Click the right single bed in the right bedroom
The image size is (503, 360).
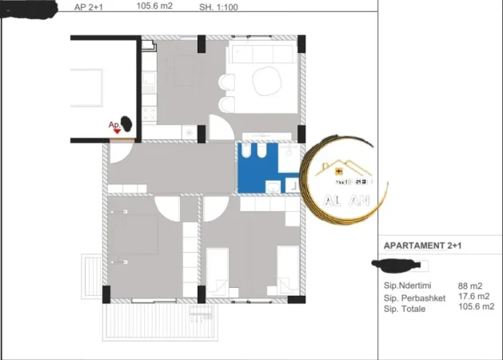coord(287,270)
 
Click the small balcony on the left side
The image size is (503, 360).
coord(92,276)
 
